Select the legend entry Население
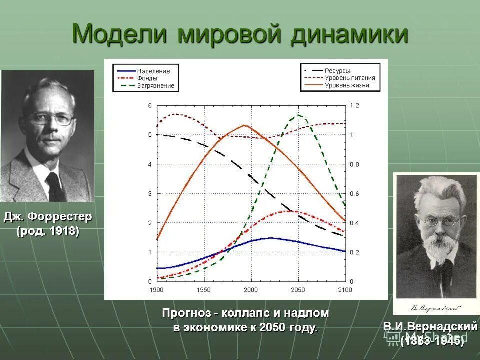click(x=153, y=71)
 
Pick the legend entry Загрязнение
click(x=156, y=86)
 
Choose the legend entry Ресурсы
click(x=337, y=71)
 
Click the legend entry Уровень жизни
click(x=347, y=86)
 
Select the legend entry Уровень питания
click(x=350, y=78)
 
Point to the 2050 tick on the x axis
click(x=298, y=290)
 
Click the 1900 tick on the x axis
click(x=157, y=290)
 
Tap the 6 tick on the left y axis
click(x=150, y=106)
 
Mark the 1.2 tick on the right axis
click(x=354, y=106)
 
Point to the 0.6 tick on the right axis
click(x=354, y=194)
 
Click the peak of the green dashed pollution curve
click(x=299, y=115)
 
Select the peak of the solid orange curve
click(x=244, y=125)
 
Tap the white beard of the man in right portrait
click(x=437, y=245)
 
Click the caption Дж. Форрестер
click(x=48, y=218)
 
